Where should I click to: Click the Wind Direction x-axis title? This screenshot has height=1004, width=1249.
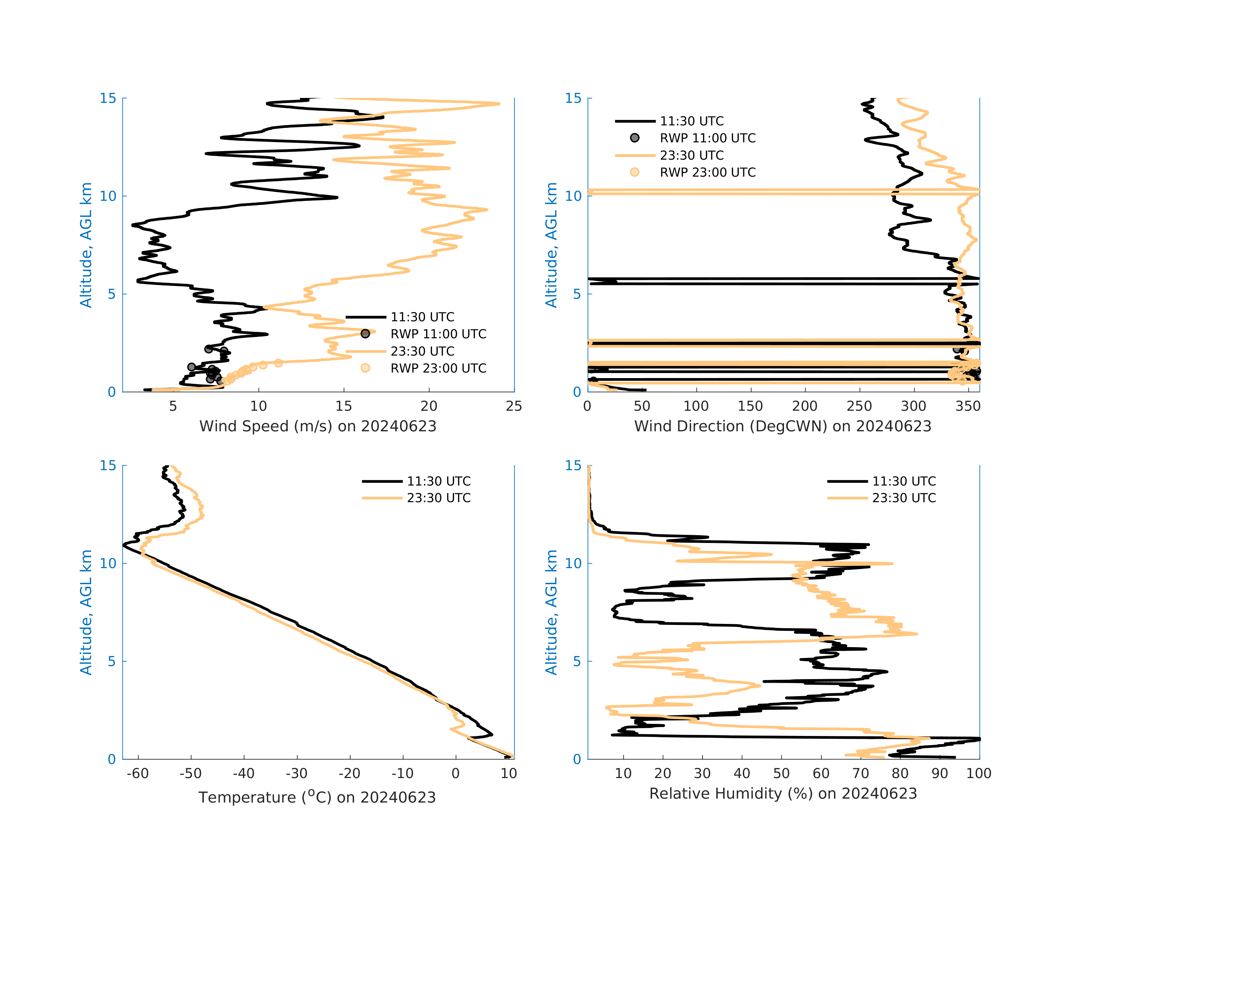[x=783, y=426]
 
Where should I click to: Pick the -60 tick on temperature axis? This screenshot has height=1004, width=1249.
[x=138, y=773]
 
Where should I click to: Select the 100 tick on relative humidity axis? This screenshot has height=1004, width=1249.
[x=978, y=773]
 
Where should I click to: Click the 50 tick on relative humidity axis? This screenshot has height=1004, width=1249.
[x=781, y=773]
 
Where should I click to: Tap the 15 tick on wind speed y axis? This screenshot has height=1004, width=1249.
[x=108, y=99]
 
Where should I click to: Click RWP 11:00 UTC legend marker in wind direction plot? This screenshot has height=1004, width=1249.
[x=635, y=138]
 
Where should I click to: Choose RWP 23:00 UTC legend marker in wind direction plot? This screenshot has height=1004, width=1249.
[x=635, y=172]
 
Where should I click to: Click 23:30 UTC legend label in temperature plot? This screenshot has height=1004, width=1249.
[x=439, y=498]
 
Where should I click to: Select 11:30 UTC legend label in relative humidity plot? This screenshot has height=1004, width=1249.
[x=904, y=482]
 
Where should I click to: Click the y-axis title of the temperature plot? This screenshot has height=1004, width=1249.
[x=86, y=613]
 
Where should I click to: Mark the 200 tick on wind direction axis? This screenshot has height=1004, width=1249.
[x=805, y=406]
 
